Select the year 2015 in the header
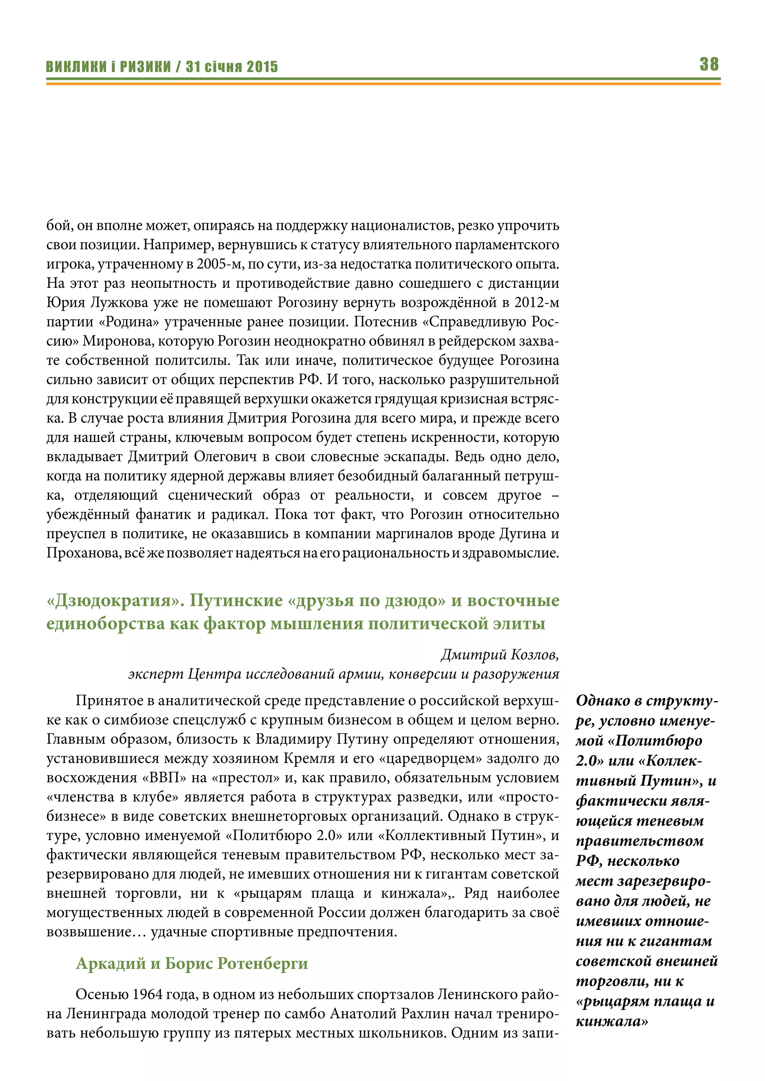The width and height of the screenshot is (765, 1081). tap(262, 66)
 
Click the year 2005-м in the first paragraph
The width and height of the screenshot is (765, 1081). tap(218, 264)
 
